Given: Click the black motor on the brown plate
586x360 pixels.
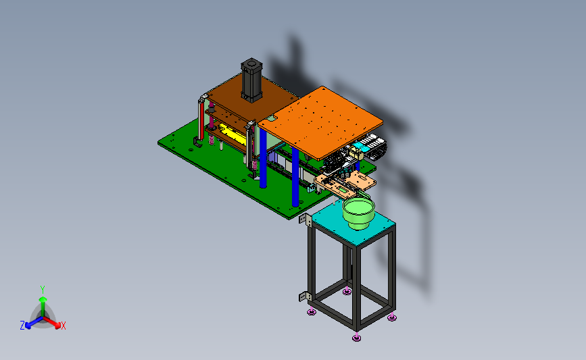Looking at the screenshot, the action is pyautogui.click(x=251, y=80).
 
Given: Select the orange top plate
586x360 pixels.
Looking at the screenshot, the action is pyautogui.click(x=320, y=122).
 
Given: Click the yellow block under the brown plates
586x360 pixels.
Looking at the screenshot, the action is pyautogui.click(x=232, y=134).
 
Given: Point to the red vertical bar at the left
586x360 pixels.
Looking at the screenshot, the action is pyautogui.click(x=202, y=120).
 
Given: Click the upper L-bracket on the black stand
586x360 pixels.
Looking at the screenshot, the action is pyautogui.click(x=306, y=220).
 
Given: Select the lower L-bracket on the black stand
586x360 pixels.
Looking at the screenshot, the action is pyautogui.click(x=305, y=297).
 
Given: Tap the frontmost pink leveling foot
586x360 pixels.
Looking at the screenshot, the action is pyautogui.click(x=356, y=338).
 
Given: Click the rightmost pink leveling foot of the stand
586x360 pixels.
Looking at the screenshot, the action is pyautogui.click(x=391, y=317).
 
